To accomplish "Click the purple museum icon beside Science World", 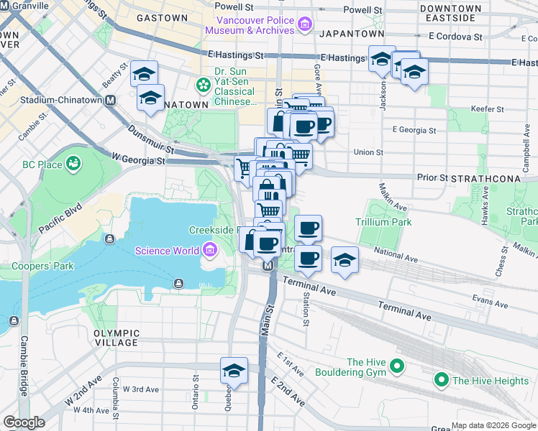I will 209,251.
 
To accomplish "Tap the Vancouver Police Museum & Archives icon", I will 304,25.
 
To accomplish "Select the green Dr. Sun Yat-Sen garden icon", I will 204,85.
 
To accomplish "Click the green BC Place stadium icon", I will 72,164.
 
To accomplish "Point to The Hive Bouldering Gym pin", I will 397,368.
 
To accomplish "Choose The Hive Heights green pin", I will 441,380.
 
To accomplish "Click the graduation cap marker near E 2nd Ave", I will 234,371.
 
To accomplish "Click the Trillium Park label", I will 383,223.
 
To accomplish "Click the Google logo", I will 24,423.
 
